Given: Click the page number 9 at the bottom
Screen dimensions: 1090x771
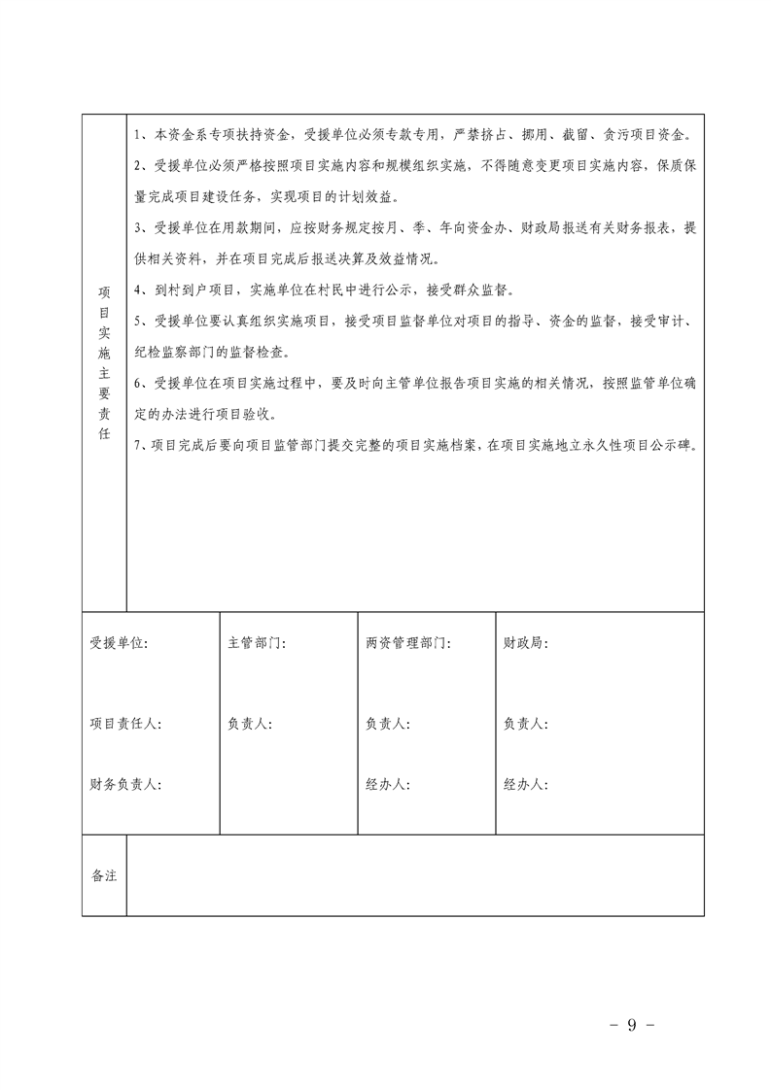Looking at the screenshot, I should [631, 1023].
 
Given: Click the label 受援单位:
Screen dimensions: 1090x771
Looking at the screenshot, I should [120, 643].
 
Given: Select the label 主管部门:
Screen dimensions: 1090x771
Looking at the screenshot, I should [257, 643].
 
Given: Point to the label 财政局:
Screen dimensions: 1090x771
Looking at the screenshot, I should [526, 643].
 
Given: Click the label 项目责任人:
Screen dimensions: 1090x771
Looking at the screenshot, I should [126, 724].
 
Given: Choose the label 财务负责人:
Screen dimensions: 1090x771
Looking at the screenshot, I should [126, 784].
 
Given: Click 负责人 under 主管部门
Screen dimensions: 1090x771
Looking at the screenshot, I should [250, 724].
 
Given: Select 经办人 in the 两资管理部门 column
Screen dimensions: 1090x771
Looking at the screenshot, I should [388, 784].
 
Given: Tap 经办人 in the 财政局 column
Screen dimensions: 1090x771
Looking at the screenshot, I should [526, 784].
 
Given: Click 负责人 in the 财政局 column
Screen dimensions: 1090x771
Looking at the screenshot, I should [526, 724].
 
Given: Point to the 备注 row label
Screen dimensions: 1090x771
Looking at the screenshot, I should [104, 875].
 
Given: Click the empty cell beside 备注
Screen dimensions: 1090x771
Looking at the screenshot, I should [415, 875].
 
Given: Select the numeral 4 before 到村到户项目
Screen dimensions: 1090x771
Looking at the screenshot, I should [139, 290].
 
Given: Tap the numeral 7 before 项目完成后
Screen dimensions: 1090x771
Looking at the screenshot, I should [139, 445].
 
